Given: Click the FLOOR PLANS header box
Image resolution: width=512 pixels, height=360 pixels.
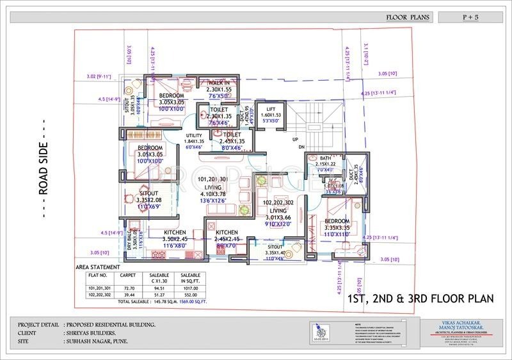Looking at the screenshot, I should (x=408, y=17).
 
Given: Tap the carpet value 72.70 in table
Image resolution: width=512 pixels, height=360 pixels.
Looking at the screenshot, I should (x=129, y=289).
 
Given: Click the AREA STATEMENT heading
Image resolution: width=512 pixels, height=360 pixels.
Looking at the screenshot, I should (x=97, y=266).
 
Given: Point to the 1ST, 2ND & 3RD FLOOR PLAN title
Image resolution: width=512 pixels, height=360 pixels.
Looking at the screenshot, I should (x=420, y=299).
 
